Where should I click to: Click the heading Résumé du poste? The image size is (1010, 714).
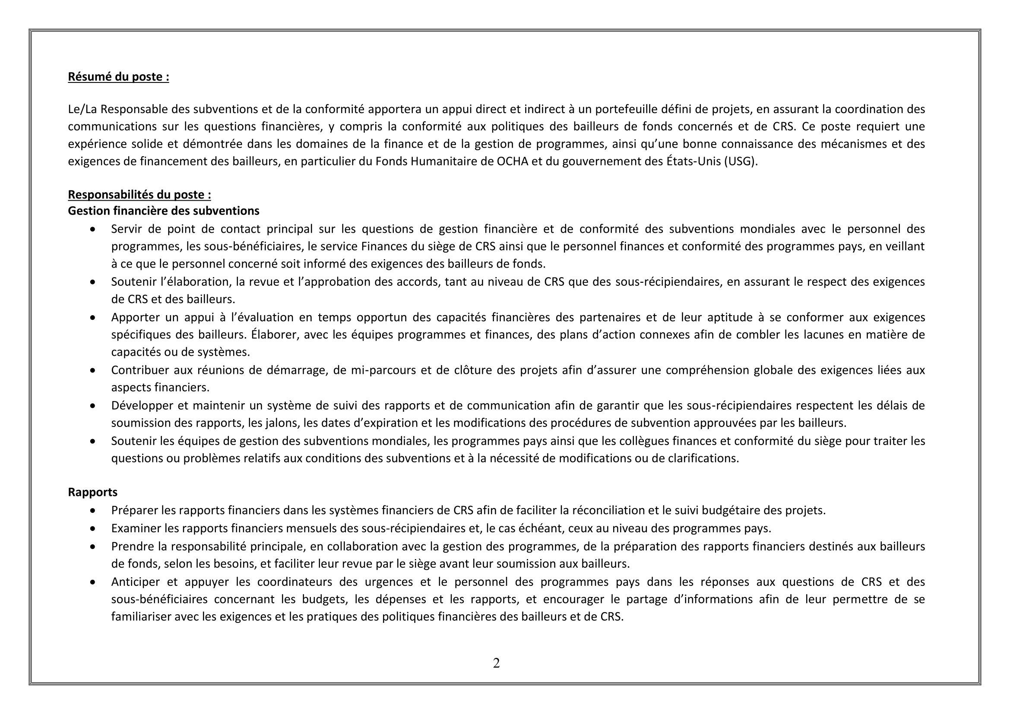(118, 77)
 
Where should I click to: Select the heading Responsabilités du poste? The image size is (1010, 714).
(139, 195)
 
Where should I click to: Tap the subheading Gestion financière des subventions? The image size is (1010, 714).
(163, 211)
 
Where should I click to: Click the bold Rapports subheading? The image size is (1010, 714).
(92, 492)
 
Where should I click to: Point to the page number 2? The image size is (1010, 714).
(496, 663)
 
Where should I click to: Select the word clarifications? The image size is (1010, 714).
(703, 458)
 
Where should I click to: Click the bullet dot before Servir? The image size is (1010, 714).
(92, 230)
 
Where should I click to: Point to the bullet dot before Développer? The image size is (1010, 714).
(92, 406)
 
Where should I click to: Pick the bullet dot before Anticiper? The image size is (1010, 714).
(92, 582)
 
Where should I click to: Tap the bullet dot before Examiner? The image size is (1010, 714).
(92, 528)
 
